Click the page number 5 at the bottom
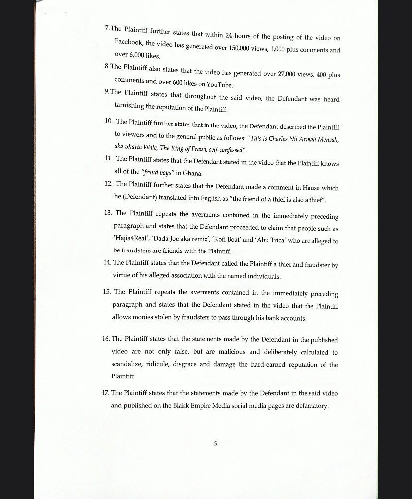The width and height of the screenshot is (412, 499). (215, 443)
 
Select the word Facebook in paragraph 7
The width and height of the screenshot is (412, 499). (129, 42)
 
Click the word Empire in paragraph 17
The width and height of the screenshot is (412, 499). (197, 406)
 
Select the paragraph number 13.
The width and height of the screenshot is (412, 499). (107, 213)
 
